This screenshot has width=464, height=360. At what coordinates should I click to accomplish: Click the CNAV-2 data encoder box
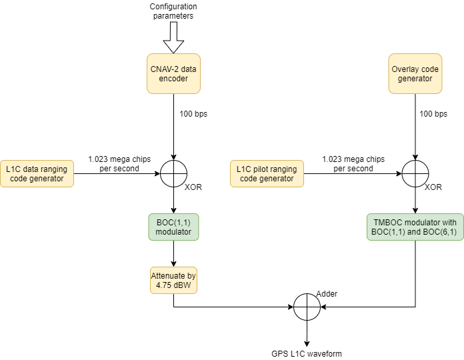173,73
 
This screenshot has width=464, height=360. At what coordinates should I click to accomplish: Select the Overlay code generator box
415,73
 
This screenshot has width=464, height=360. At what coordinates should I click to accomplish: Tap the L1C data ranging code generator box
37,173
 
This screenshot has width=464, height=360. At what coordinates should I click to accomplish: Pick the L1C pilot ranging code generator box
267,173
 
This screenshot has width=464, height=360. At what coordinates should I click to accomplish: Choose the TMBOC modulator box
415,227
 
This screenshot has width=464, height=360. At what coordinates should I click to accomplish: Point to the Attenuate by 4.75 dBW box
173,280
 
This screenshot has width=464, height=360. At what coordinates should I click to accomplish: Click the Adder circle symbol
307,307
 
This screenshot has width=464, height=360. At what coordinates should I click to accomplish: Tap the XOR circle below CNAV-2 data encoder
173,173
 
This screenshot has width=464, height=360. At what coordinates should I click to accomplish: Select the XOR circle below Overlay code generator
415,173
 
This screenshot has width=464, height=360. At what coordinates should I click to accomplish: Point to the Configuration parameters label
173,11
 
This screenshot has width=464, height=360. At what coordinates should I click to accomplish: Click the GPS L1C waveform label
307,353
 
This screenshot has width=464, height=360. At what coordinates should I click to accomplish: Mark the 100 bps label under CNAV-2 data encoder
193,114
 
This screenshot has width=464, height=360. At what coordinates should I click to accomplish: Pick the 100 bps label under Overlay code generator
433,114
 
